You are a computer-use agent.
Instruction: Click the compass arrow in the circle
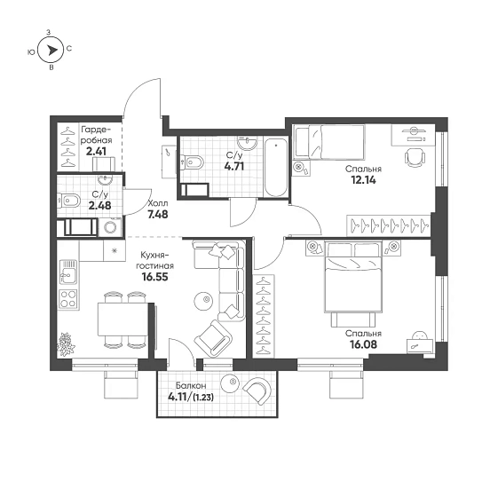pos(52,51)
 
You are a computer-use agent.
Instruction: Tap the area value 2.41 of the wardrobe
pos(96,151)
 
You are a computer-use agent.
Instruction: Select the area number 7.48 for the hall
pos(158,215)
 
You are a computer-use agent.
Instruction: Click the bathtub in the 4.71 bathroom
pos(276,168)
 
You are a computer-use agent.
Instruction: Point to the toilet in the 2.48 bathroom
pos(68,201)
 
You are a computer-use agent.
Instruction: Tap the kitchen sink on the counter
pos(68,272)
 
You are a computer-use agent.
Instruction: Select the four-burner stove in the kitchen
pos(68,299)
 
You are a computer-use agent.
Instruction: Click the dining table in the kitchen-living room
pos(123,319)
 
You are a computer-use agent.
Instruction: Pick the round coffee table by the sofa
pos(203,300)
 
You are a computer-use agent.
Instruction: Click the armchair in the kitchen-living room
pos(213,338)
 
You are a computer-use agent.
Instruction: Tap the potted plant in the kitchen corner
pos(66,344)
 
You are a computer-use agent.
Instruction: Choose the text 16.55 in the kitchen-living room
pos(155,277)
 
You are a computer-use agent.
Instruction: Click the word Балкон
pos(191,385)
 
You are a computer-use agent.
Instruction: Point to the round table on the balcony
pos(230,383)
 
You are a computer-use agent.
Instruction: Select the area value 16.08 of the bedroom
pos(363,344)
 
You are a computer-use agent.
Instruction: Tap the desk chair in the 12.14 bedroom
pos(415,157)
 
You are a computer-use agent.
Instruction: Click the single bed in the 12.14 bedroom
pos(329,142)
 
